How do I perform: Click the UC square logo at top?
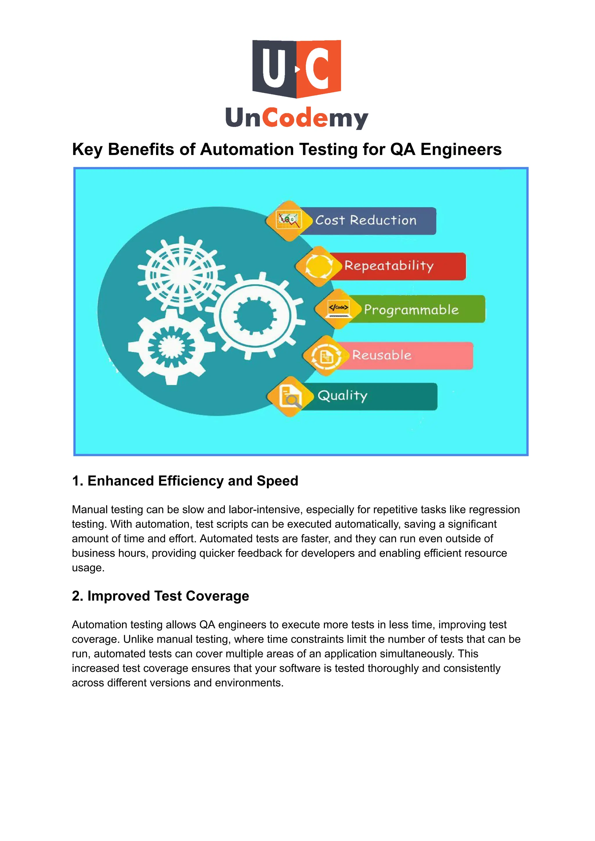pyautogui.click(x=296, y=69)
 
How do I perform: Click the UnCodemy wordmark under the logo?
pyautogui.click(x=296, y=118)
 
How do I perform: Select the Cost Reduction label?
pyautogui.click(x=366, y=220)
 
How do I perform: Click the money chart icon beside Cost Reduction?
pyautogui.click(x=289, y=221)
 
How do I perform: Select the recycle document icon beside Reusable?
pyautogui.click(x=326, y=356)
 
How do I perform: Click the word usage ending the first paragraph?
pyautogui.click(x=88, y=568)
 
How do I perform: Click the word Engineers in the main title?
pyautogui.click(x=460, y=150)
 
